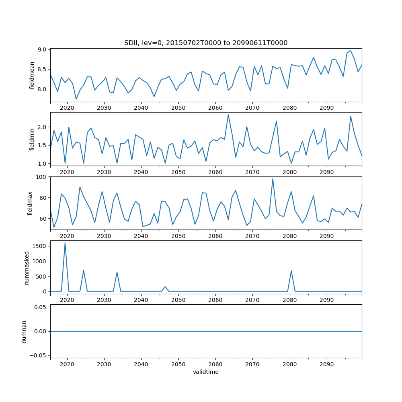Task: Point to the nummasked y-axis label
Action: (27, 267)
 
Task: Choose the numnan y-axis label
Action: (24, 331)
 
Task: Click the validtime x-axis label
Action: (205, 372)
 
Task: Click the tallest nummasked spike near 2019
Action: (65, 242)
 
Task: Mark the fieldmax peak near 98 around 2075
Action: (273, 179)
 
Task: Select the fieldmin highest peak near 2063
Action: (228, 115)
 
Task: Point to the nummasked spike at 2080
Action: (291, 271)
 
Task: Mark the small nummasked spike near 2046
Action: (165, 287)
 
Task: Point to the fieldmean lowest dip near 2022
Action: (76, 99)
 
